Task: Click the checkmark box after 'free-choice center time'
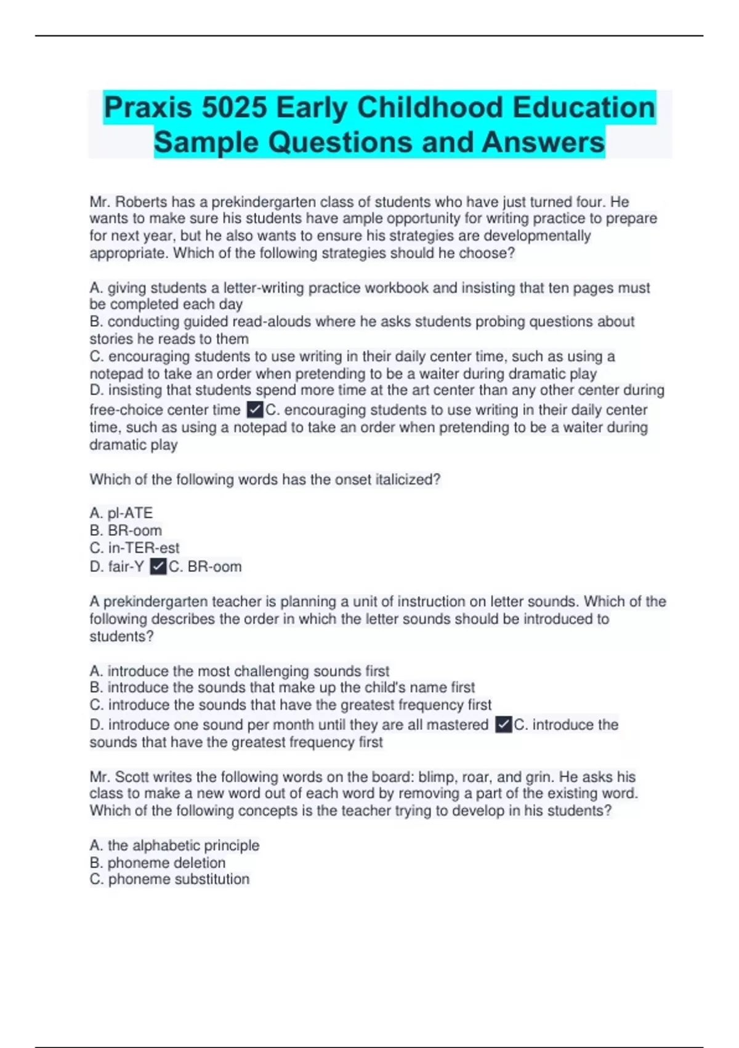(254, 409)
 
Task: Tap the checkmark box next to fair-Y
(158, 566)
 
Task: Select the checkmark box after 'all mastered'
(503, 724)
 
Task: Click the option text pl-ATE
(130, 513)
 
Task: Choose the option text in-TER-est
(143, 547)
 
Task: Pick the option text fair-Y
(126, 566)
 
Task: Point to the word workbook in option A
(398, 288)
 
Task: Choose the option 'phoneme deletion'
(166, 862)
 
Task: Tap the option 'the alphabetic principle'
(183, 845)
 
